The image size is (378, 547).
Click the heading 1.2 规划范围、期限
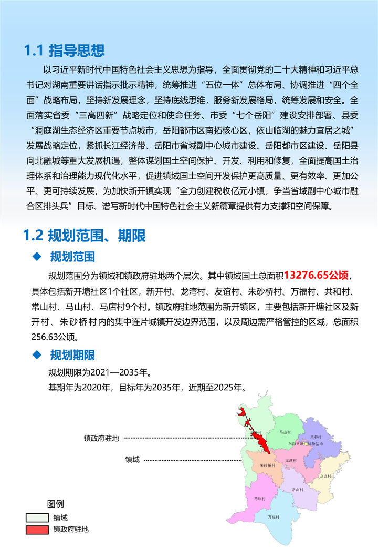coord(85,236)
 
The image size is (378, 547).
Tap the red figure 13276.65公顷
coord(317,275)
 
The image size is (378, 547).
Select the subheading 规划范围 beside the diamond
coord(72,257)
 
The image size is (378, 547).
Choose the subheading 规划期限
coord(72,355)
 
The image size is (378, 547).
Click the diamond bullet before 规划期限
coord(37,355)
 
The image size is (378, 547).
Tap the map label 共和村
coord(315,437)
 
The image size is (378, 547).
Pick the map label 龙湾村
coord(291,460)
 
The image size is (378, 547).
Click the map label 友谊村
coord(326,476)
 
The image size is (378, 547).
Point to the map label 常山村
coord(298,489)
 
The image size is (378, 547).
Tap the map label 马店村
coord(259,498)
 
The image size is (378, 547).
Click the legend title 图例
coord(55,504)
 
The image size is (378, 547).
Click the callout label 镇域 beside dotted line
coord(132,460)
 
